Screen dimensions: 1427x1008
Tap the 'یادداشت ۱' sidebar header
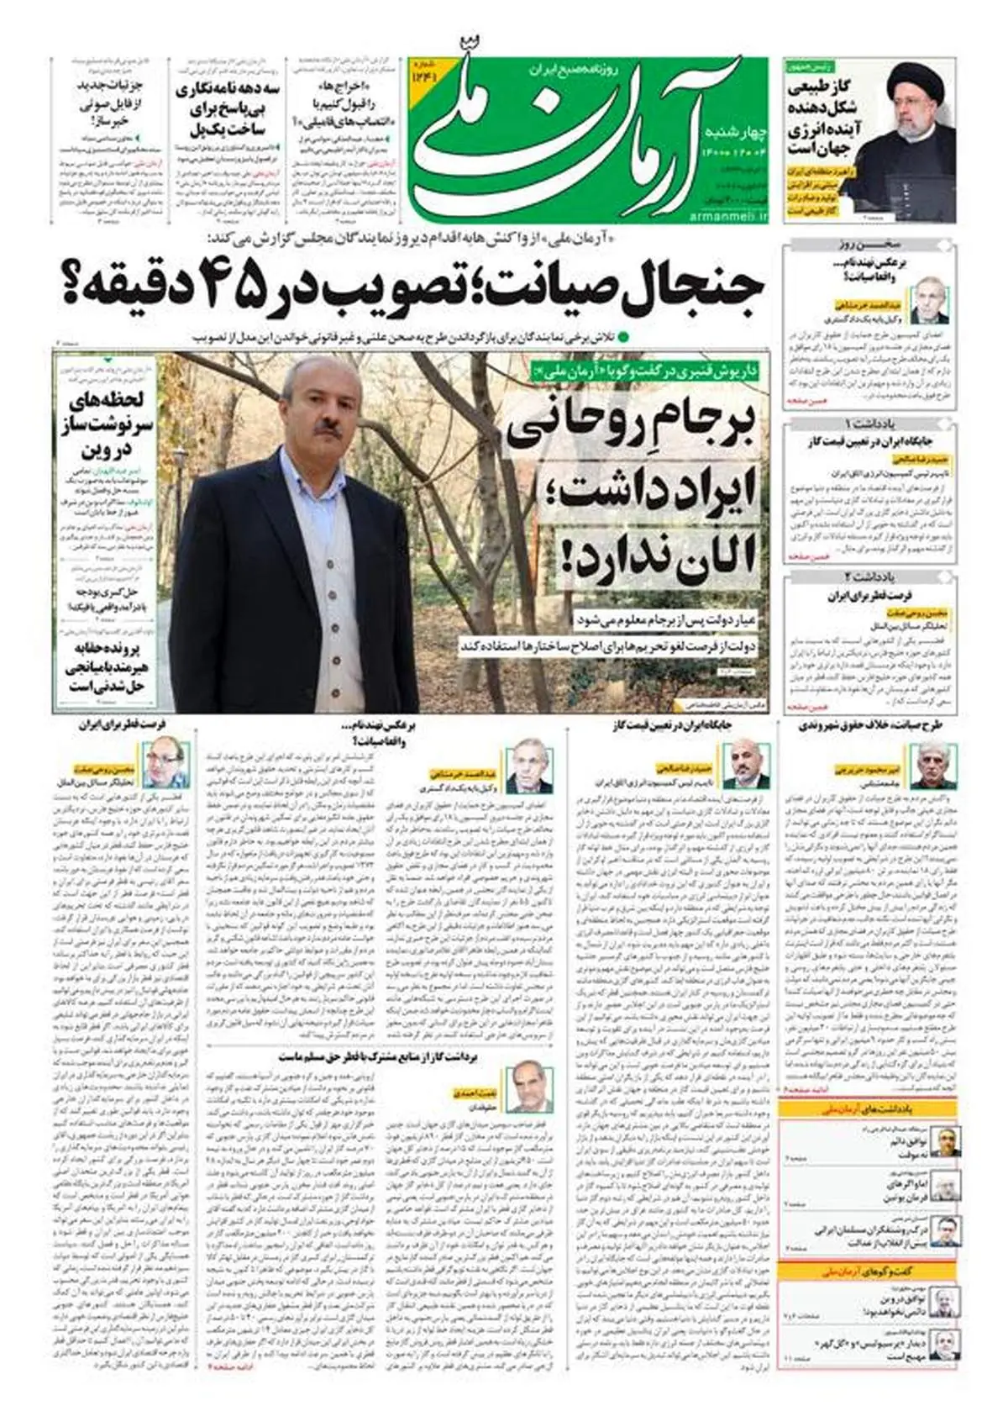(869, 422)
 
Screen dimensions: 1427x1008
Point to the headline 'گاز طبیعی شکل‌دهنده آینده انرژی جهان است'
(819, 118)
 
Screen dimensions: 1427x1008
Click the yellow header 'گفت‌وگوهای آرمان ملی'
(869, 1271)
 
